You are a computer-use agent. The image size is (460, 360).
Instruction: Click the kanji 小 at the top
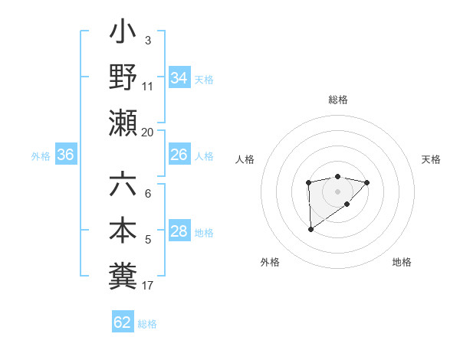click(123, 34)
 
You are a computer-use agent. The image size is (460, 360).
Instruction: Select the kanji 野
click(123, 77)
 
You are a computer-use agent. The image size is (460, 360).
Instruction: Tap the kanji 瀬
click(123, 123)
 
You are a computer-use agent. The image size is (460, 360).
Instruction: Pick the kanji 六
click(123, 185)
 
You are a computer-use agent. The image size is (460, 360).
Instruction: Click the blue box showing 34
click(179, 77)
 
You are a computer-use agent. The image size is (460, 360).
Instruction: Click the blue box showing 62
click(123, 322)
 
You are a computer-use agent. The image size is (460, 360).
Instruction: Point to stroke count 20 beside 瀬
click(147, 132)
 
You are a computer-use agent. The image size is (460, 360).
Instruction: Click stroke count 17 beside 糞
click(147, 286)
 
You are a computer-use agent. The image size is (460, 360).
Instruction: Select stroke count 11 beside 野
click(148, 87)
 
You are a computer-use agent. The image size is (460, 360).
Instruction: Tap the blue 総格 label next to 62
click(147, 324)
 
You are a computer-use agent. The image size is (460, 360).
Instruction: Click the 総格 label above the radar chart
click(337, 100)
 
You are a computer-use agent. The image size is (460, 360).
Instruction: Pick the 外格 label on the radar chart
click(270, 263)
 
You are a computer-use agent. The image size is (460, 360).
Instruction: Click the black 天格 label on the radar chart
click(431, 159)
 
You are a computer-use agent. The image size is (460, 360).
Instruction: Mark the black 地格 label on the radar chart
click(402, 263)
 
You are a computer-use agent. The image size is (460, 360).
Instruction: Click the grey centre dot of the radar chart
click(337, 190)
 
